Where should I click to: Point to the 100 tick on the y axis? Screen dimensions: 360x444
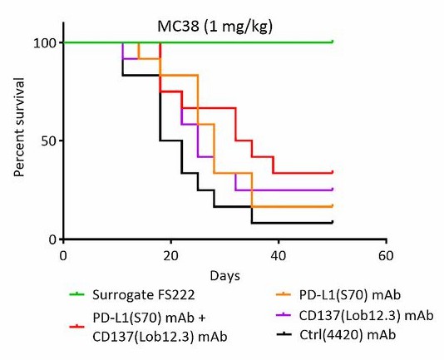click(x=43, y=42)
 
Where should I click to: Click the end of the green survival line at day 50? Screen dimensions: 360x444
click(x=332, y=42)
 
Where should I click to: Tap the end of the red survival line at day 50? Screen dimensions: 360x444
click(x=332, y=172)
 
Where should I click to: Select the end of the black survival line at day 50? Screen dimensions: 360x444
click(x=332, y=222)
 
